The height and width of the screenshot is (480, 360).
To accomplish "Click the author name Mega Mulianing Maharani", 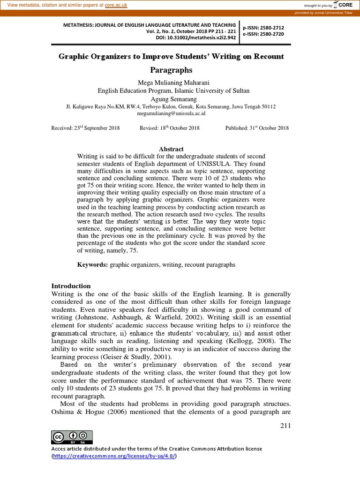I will [171, 82].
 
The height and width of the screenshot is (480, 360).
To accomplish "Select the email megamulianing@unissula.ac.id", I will [171, 113].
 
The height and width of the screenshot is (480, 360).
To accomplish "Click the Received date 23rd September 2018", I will [85, 128].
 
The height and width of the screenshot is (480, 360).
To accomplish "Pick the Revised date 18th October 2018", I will [170, 128].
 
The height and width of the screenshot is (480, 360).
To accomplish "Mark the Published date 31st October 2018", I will [257, 128].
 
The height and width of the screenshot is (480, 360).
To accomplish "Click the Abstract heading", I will [171, 149].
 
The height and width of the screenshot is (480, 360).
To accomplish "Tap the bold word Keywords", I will [92, 265].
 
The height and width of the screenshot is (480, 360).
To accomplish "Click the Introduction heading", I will [71, 286].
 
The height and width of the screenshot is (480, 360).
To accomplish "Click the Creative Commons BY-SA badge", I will [72, 437].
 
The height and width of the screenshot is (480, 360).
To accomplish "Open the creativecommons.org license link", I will [114, 456].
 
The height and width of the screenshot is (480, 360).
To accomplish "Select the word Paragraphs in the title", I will [171, 70].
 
